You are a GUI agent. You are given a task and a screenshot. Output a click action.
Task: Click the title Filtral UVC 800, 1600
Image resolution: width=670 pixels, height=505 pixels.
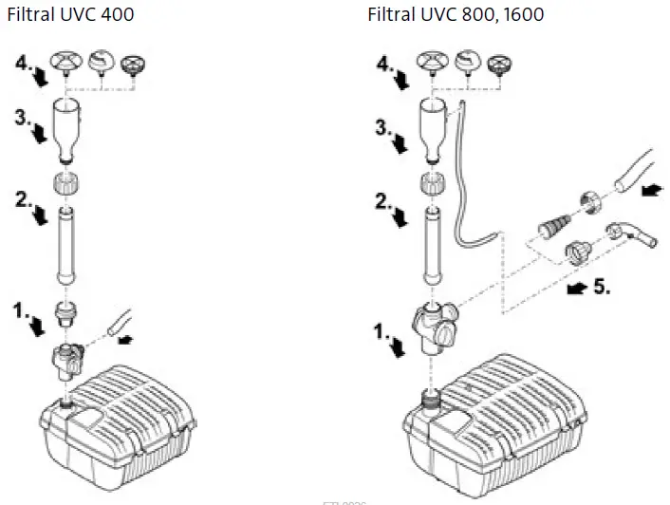point(456,15)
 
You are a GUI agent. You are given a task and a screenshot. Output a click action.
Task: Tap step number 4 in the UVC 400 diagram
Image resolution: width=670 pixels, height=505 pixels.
point(25,64)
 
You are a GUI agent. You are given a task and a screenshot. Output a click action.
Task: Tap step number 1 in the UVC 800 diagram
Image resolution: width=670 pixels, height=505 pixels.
point(380,333)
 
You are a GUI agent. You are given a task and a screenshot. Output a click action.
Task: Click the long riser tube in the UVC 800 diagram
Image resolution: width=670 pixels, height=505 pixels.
point(432,245)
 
